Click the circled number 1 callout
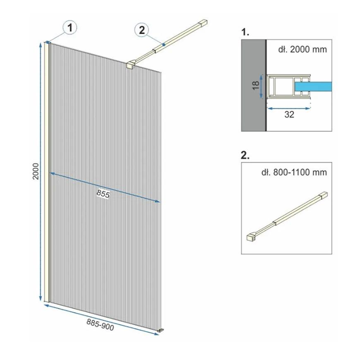(x=70, y=28)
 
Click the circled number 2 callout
(x=142, y=30)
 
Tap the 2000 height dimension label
(x=36, y=171)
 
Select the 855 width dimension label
(x=103, y=194)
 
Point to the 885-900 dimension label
(x=100, y=325)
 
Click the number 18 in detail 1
(x=256, y=86)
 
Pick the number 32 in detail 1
(x=289, y=114)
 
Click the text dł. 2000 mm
(x=302, y=49)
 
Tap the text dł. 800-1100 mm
(x=294, y=172)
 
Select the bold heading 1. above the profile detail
(x=245, y=32)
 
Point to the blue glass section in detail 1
(x=313, y=86)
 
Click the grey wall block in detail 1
(x=254, y=85)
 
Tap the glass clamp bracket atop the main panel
(x=131, y=65)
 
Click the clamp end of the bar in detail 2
(x=252, y=237)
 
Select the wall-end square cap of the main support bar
(x=203, y=23)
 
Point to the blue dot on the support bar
(x=163, y=45)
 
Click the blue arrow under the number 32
(x=289, y=108)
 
